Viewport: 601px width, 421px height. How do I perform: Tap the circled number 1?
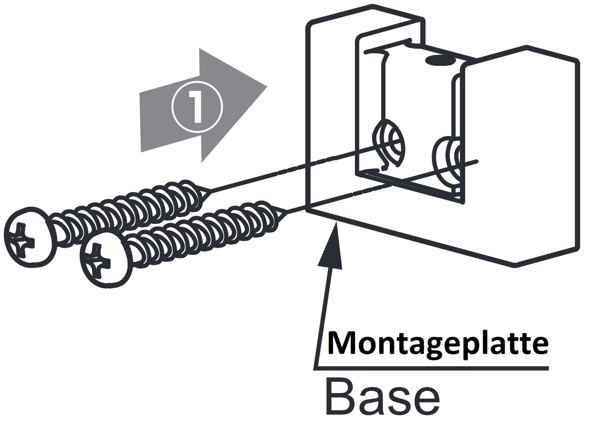(197, 107)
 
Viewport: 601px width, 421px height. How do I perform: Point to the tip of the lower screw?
(286, 213)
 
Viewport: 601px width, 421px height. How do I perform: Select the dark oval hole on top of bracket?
(441, 59)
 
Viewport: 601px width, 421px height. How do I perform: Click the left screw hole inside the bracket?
(389, 142)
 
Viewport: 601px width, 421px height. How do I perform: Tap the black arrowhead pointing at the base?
(331, 246)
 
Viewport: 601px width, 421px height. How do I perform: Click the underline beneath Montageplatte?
(432, 368)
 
